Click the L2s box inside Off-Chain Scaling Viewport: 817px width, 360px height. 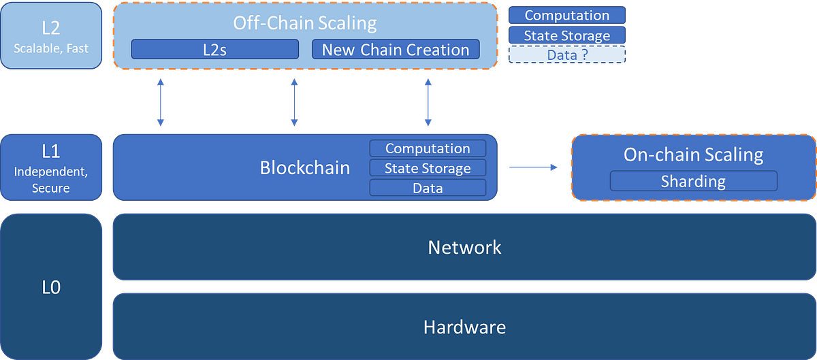point(214,50)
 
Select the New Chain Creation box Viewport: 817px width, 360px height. point(396,50)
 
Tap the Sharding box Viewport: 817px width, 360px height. point(693,181)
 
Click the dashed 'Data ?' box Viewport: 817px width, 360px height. point(566,55)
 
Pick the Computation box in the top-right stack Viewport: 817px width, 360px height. point(566,15)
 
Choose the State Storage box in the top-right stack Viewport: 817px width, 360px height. point(566,35)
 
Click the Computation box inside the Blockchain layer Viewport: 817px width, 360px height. point(428,148)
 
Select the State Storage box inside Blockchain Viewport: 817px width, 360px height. point(428,168)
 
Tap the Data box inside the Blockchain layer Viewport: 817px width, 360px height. point(428,188)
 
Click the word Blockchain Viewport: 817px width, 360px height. point(304,167)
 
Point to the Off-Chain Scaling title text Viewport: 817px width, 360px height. point(304,22)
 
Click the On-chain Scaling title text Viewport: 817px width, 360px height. point(693,154)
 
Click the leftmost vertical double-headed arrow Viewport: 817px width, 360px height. point(161,102)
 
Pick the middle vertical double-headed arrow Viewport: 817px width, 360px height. point(294,102)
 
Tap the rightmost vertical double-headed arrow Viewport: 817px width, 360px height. point(428,102)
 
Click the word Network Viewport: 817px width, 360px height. point(464,247)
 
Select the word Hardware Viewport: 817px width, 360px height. point(464,327)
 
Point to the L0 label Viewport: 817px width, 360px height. point(51,287)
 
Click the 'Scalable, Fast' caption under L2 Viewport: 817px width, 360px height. point(51,49)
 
